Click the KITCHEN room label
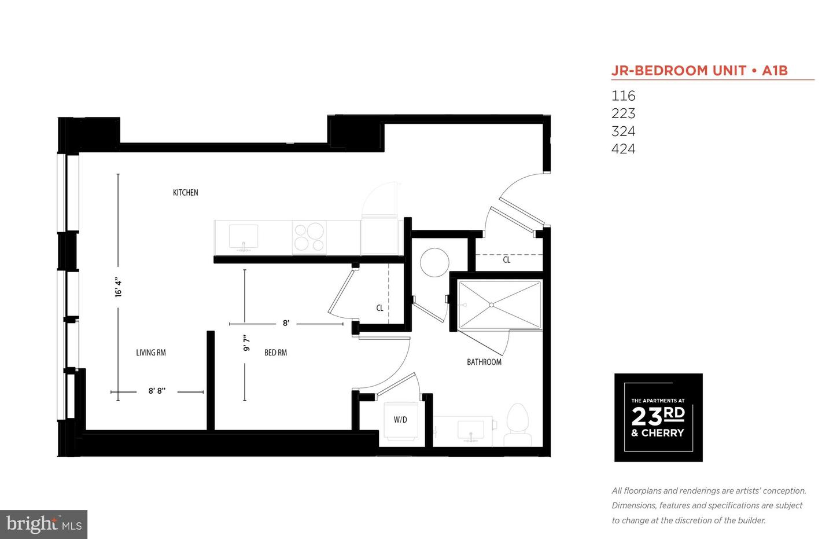185,192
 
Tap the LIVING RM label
150,353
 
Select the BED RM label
275,353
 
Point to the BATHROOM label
484,362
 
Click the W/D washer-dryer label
400,420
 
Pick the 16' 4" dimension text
118,287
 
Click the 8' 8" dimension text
157,391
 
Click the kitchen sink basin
244,236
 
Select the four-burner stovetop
309,237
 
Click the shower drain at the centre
491,305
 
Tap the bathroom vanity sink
470,431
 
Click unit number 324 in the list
623,131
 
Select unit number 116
623,96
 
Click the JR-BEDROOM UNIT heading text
679,71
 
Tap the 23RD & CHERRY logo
658,417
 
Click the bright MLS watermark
44,525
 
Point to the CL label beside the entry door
507,260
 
